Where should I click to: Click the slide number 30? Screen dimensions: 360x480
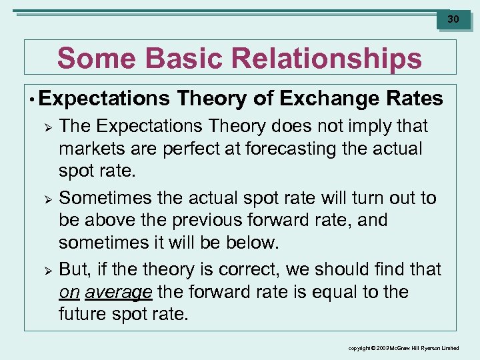pos(453,19)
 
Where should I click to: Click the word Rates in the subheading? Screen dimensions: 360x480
pos(414,99)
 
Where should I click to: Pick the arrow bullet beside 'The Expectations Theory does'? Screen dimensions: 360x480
pos(46,126)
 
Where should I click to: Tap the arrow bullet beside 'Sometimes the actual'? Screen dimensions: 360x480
pos(46,198)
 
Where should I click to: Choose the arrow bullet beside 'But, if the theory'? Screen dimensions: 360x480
pos(46,270)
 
